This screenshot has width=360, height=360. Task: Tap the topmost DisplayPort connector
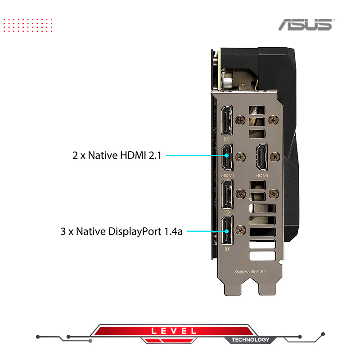[227, 121]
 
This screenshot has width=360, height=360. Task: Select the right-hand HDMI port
[262, 157]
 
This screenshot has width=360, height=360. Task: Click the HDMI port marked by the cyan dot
[227, 157]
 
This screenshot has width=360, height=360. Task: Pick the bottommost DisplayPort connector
[227, 230]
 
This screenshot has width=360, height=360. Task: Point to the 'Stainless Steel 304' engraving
[250, 272]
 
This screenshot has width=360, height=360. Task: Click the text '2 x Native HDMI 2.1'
[117, 155]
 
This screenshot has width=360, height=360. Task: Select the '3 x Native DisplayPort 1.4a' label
[121, 231]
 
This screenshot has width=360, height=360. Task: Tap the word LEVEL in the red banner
[174, 331]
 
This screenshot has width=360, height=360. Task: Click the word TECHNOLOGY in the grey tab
[250, 340]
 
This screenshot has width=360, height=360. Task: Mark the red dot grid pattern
[28, 25]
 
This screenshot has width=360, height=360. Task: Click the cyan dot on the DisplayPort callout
[227, 231]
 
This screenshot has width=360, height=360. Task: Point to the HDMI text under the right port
[262, 175]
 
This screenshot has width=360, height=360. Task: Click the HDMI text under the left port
[227, 175]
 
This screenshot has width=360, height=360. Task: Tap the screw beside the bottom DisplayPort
[241, 230]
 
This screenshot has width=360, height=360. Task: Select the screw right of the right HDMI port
[275, 157]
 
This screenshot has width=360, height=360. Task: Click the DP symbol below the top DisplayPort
[227, 139]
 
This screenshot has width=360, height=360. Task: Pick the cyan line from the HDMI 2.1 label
[195, 155]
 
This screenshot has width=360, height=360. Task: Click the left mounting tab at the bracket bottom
[233, 289]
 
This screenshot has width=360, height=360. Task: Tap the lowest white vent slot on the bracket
[262, 256]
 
